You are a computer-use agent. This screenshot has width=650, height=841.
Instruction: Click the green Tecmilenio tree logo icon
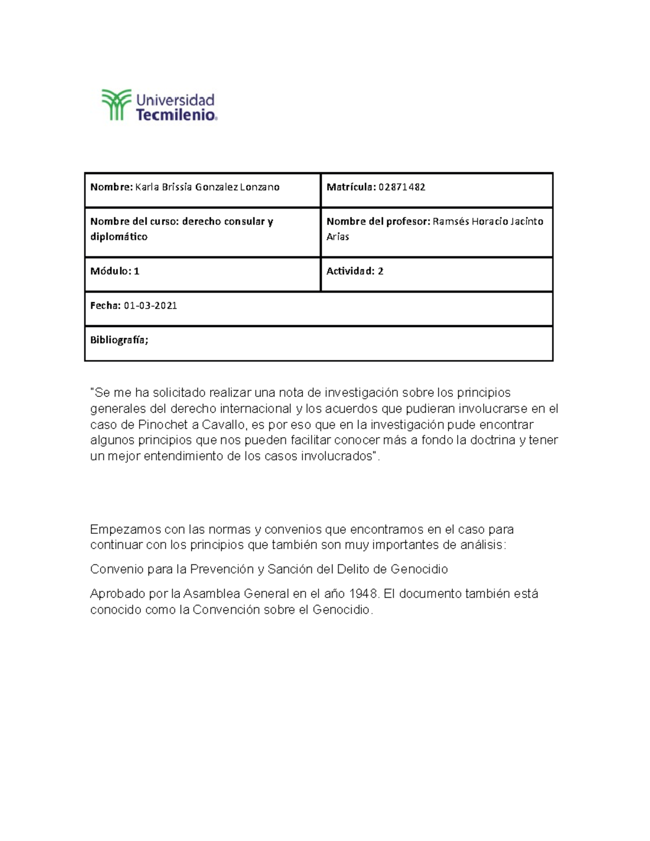point(116,105)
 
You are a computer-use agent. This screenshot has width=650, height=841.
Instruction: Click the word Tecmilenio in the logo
point(175,115)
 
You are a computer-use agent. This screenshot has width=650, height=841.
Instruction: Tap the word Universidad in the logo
point(175,100)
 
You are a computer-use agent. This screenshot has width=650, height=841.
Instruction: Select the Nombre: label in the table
point(111,187)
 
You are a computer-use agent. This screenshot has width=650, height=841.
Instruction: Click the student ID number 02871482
point(401,187)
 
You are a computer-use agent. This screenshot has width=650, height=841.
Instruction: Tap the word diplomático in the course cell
point(119,237)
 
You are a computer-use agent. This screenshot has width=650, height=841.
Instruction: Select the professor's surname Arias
point(337,237)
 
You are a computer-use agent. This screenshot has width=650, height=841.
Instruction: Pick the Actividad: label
point(350,271)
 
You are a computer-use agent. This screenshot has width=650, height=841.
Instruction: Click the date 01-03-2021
point(150,305)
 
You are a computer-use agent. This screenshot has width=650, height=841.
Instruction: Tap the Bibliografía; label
point(119,340)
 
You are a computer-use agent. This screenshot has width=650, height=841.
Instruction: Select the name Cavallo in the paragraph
point(223,425)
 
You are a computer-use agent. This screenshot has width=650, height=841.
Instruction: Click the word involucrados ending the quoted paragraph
point(337,456)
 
